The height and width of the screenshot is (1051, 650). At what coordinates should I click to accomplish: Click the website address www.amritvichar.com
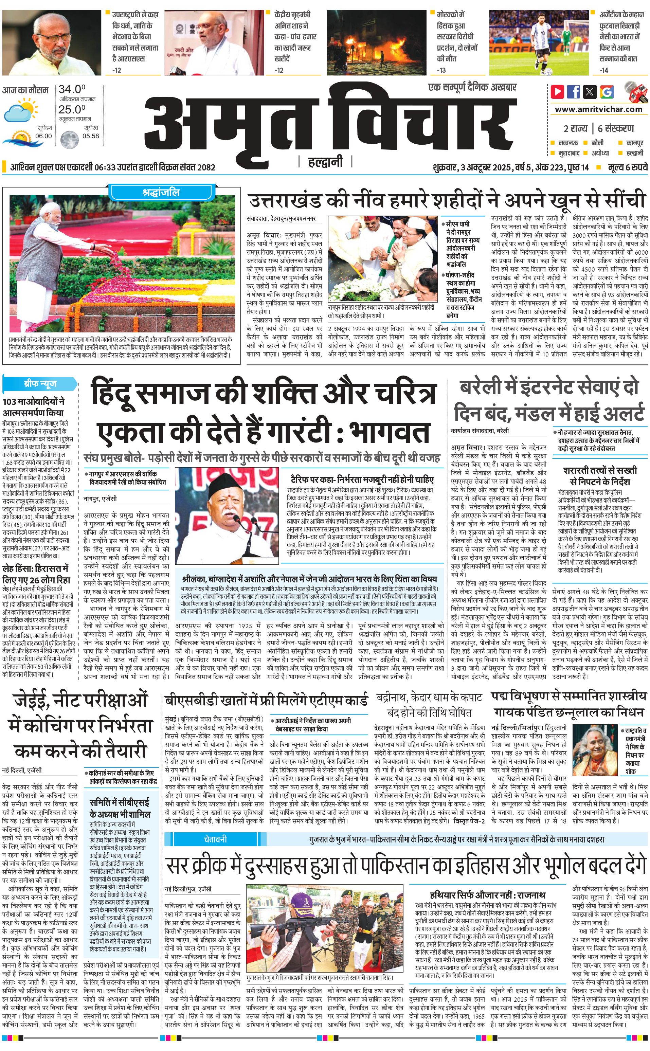[x=598, y=109]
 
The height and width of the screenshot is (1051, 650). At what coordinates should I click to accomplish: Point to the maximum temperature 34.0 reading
[x=72, y=89]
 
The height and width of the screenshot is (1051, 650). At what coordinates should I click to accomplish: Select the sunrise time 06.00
[x=43, y=136]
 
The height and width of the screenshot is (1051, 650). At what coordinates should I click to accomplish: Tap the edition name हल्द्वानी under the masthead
[x=325, y=162]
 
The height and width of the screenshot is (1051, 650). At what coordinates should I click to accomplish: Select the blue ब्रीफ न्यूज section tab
[x=40, y=383]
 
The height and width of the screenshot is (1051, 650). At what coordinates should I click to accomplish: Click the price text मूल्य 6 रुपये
[x=627, y=167]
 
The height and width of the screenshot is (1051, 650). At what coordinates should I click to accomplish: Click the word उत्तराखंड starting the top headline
[x=286, y=201]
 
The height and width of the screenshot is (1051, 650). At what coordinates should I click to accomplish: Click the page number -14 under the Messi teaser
[x=604, y=70]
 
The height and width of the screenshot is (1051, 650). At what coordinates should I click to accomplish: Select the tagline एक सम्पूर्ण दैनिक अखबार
[x=472, y=87]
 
